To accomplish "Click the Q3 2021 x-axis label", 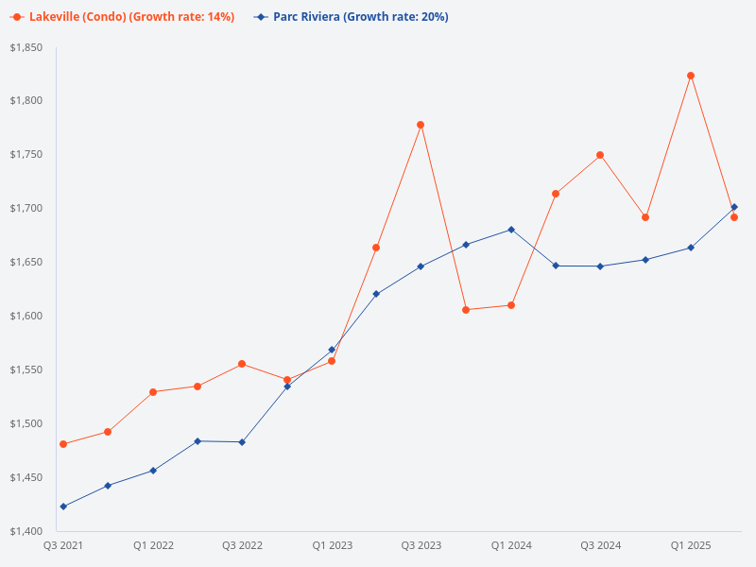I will [63, 545].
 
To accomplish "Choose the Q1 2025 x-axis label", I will [691, 545].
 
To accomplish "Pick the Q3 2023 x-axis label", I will [421, 545].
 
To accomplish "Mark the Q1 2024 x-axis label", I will [511, 545].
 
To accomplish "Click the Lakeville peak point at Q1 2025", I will [691, 76].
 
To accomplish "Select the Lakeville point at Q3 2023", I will [421, 125].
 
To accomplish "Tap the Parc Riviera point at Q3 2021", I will [63, 507].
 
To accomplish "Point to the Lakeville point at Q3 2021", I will [63, 444].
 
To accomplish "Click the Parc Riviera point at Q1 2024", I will [511, 230].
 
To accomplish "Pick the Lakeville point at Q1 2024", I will [511, 305].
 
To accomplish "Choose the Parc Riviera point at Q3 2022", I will [242, 442].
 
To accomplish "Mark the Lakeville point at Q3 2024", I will [600, 155].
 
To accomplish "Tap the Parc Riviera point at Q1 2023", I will [332, 350].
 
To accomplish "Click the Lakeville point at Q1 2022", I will [153, 392].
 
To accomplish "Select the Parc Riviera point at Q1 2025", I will [691, 248].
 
